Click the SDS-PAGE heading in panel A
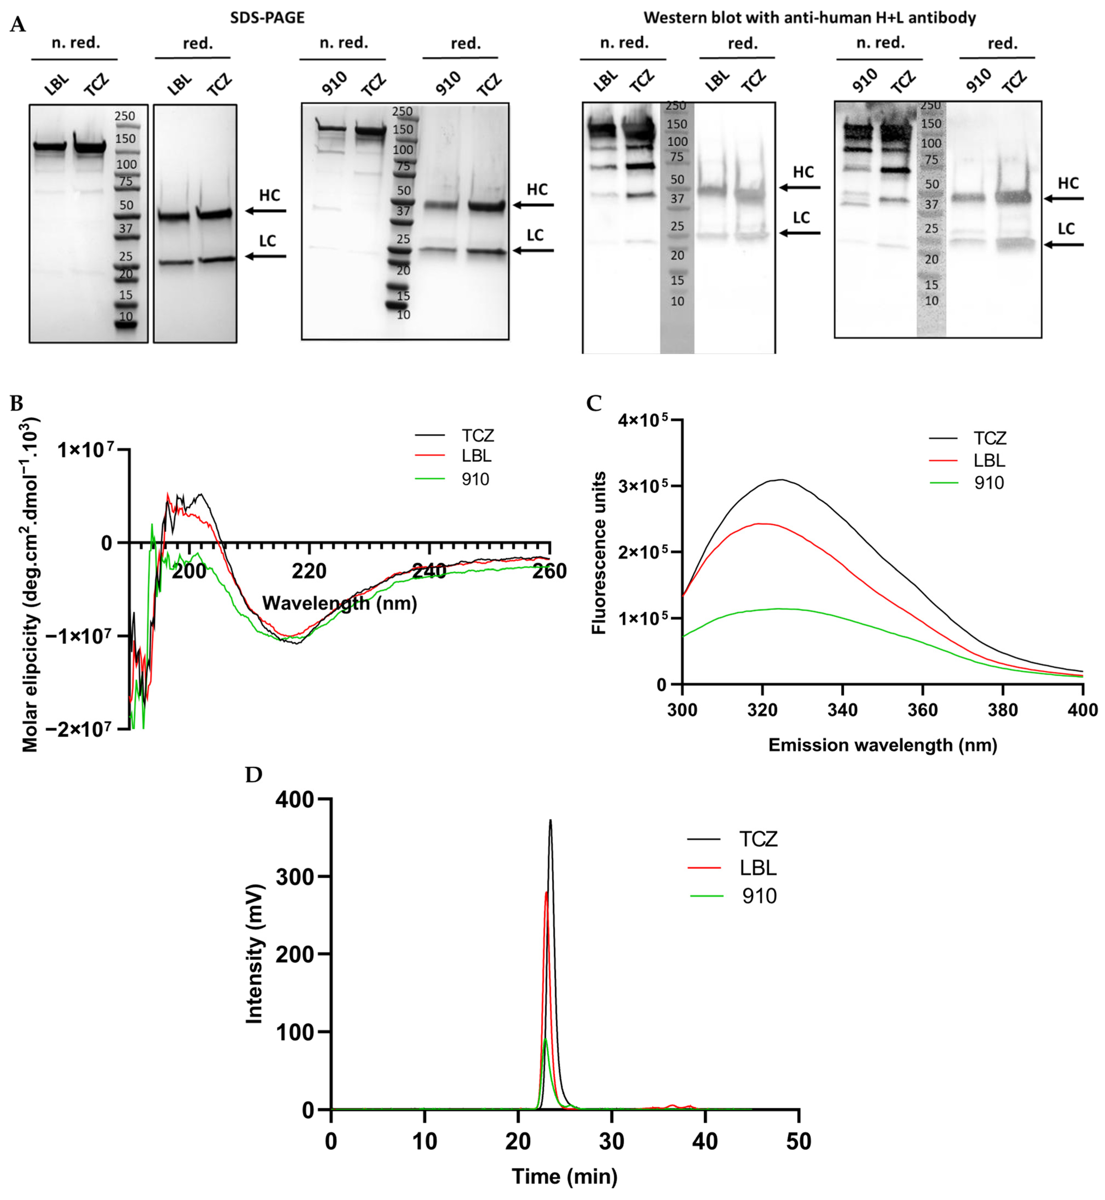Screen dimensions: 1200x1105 coord(267,17)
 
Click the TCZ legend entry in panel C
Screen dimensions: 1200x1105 coord(989,439)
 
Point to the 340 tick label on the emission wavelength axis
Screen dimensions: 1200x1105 coord(842,710)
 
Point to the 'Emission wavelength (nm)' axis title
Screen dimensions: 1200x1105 coord(882,745)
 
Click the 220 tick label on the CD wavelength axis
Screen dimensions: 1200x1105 coord(309,571)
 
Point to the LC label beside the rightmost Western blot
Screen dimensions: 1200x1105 coord(1066,228)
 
